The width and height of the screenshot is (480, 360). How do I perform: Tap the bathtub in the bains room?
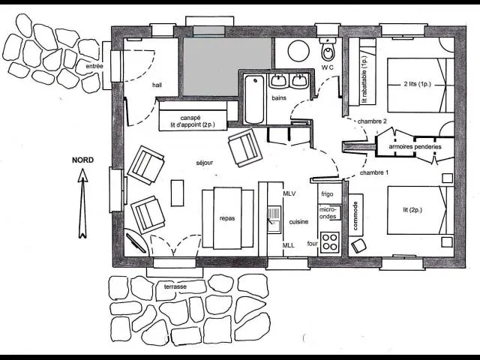click(x=254, y=99)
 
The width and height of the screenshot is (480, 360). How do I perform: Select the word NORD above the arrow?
click(x=83, y=160)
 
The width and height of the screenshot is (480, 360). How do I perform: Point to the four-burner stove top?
click(x=330, y=241)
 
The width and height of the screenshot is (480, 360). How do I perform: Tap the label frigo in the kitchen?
click(x=327, y=193)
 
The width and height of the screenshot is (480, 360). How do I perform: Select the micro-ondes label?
click(x=328, y=213)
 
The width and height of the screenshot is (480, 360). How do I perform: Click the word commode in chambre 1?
click(x=355, y=215)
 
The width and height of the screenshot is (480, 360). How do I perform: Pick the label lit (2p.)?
click(x=412, y=210)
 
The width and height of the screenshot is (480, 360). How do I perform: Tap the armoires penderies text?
click(x=415, y=147)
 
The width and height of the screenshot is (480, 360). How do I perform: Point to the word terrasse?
click(x=175, y=286)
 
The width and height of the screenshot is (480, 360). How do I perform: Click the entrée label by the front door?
click(x=94, y=66)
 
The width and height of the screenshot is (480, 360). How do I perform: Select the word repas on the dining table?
click(x=227, y=218)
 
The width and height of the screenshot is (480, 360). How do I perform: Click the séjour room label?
click(x=205, y=163)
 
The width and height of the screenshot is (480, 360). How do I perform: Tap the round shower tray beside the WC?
click(x=298, y=51)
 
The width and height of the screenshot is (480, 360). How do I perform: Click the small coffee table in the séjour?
click(x=177, y=193)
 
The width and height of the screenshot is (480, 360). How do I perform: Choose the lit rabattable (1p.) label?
click(x=364, y=79)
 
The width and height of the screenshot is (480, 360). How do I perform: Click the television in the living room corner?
click(x=136, y=243)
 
